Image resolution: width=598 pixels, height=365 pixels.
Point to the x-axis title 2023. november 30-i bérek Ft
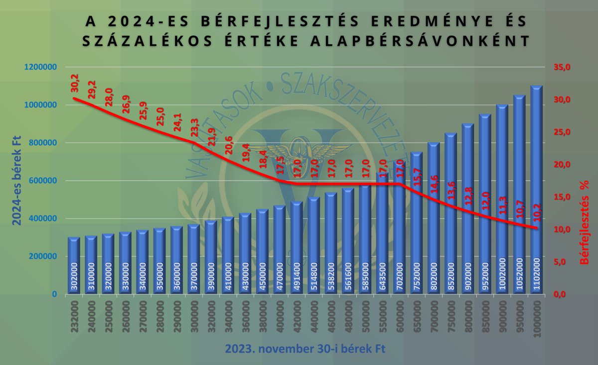pos(305,349)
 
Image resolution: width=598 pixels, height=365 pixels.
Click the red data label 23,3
pos(194,129)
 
